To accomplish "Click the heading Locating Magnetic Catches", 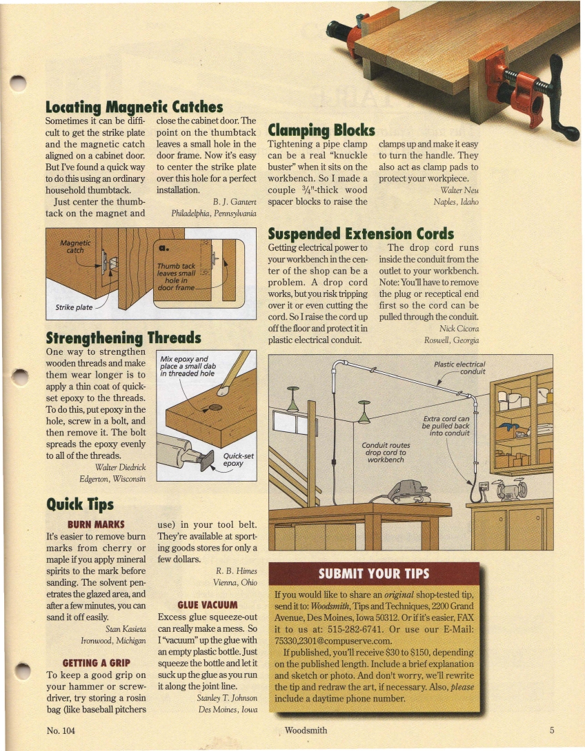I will coord(134,107).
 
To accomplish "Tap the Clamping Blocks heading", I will coord(321,130).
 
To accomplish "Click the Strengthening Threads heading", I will coord(123,338).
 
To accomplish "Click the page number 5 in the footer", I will coord(553,730).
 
